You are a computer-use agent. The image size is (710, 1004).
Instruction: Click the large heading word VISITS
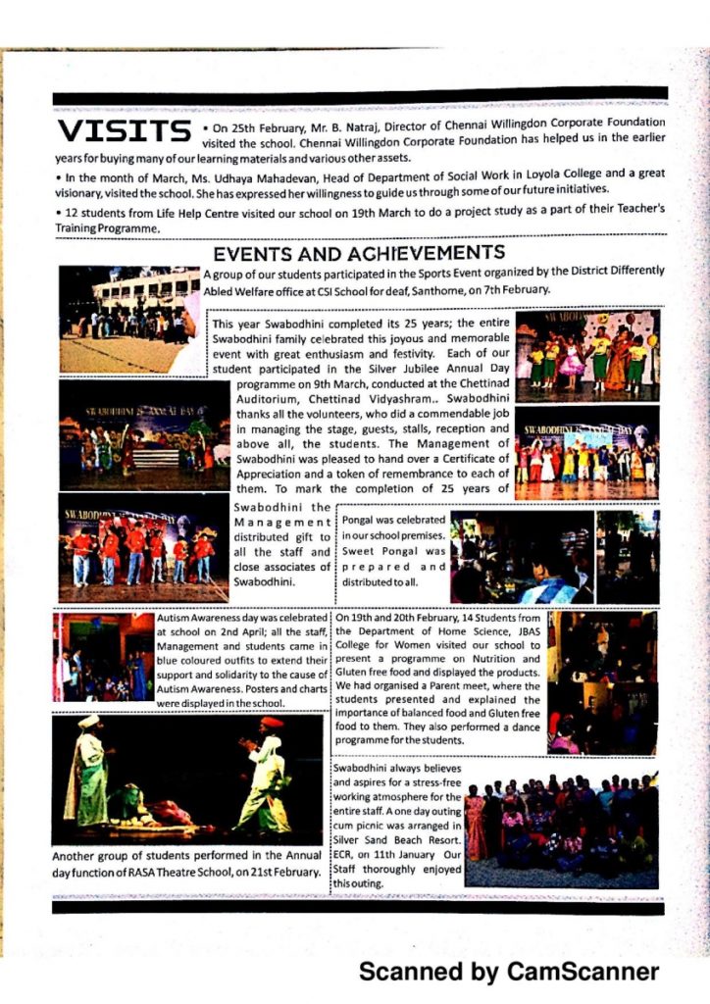[123, 130]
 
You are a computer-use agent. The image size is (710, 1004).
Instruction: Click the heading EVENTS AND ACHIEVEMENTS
[359, 253]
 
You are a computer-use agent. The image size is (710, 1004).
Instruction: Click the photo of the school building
[129, 319]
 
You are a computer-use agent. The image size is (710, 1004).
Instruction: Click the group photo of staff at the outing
[561, 828]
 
